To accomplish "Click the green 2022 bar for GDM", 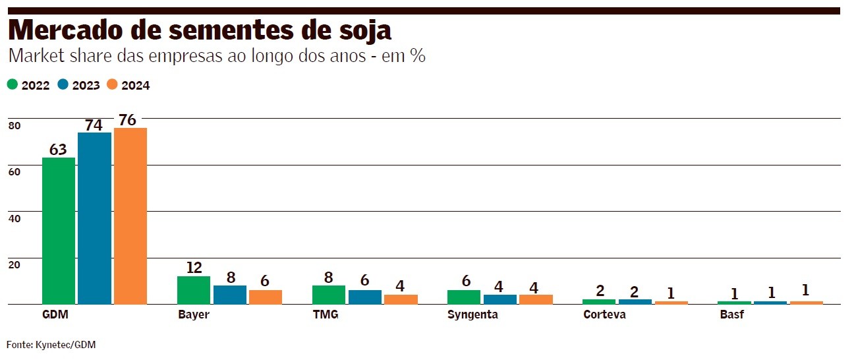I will coord(59,231).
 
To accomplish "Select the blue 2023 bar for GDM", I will coord(94,218).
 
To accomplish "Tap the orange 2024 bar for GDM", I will coord(130,216).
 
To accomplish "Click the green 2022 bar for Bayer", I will coord(194,290).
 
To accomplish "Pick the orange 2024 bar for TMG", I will coord(401,299).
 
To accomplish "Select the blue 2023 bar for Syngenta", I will coord(499,299).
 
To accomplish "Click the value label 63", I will coord(59,149).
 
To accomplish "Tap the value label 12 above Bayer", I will coord(194,267).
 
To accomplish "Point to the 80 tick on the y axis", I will coord(14,126).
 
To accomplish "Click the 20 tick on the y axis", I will coord(14,264).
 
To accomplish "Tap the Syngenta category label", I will coord(472,315).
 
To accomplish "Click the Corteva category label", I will coord(604,315).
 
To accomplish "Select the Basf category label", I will coord(731,315).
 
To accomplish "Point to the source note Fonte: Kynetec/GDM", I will coord(51,345).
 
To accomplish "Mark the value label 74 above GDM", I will coord(94,125).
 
